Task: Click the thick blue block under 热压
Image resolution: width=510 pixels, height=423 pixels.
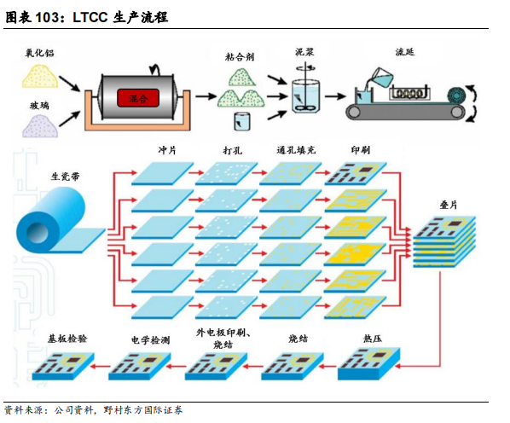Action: pos(364,366)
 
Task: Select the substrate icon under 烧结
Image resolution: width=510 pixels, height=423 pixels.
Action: pos(291,365)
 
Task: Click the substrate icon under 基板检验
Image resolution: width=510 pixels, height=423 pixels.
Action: pos(66,364)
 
